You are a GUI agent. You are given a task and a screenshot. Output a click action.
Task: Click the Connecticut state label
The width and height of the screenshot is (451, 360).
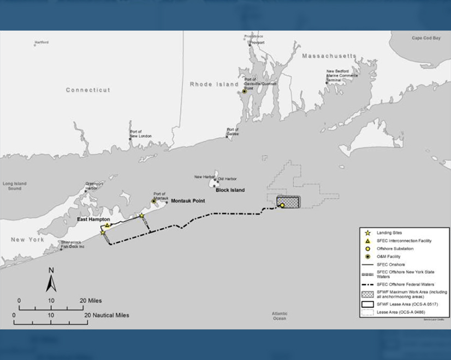coord(88,90)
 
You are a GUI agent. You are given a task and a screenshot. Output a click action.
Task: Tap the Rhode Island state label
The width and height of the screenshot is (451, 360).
coord(214,84)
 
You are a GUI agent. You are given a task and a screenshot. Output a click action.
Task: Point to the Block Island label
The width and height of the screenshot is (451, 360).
coord(230,190)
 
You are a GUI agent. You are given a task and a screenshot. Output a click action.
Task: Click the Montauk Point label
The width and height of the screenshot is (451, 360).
coord(187,201)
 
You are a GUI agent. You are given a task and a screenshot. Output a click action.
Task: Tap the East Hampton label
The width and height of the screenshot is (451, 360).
coord(93,219)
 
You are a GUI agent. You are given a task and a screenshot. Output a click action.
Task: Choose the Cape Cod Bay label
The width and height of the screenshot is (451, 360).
coord(426,38)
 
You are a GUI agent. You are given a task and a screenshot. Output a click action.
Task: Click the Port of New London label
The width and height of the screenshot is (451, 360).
coord(140,134)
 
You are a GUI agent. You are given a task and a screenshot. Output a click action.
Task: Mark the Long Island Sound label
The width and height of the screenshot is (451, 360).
coord(15,186)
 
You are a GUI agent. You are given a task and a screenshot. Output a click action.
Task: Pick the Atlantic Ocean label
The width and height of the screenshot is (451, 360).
coord(279,315)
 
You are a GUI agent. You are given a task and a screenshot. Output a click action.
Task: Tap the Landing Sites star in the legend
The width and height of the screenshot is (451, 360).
coord(368,233)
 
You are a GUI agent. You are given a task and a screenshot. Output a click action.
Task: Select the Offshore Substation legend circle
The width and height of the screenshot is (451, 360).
coord(368,249)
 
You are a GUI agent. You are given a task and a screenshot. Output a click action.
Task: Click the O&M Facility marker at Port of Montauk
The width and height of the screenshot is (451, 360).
coord(154,201)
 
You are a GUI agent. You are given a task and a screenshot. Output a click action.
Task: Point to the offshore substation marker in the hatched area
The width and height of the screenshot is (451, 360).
coord(282,205)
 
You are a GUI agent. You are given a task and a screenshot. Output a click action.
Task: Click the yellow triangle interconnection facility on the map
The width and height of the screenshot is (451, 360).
coord(108,225)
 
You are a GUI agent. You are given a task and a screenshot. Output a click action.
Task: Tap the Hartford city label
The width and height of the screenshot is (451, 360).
coord(41,43)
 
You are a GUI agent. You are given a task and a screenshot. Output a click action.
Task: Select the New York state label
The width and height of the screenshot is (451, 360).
coord(27,239)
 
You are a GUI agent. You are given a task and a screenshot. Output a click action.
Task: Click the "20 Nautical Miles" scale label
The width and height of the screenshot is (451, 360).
coord(106,315)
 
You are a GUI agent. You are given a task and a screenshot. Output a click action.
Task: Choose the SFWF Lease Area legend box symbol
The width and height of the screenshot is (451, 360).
coord(368,303)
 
